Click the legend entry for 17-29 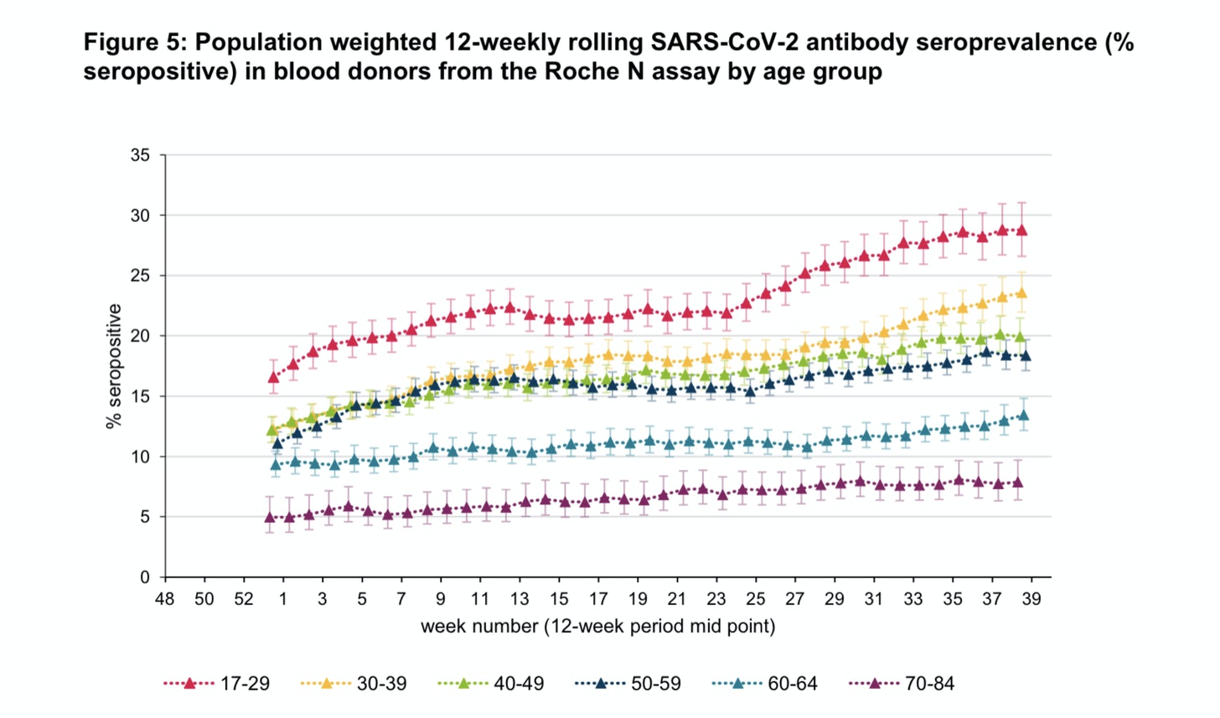point(217,684)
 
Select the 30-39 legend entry point(354,684)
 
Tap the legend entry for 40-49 point(491,684)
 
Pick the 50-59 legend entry point(628,684)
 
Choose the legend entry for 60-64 point(765,684)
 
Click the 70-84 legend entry point(902,684)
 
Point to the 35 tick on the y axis point(140,156)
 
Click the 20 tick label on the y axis point(140,336)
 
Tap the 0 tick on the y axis point(145,577)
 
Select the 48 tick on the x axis point(165,599)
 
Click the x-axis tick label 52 point(244,599)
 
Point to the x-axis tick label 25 point(756,599)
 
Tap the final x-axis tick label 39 point(1031,599)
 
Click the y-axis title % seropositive point(114,366)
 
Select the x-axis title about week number point(597,626)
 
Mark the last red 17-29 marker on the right point(1021,230)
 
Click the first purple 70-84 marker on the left point(270,518)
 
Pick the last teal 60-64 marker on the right point(1023,415)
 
